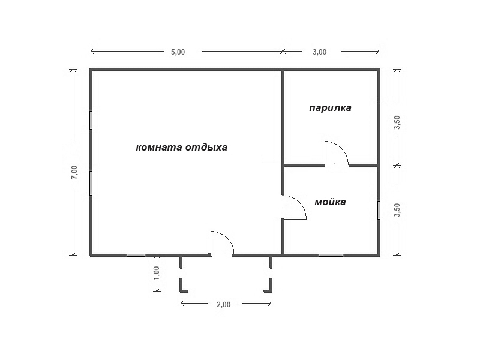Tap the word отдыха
[x=206, y=148]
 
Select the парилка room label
[x=331, y=108]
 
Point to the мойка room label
[x=331, y=202]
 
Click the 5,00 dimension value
[x=178, y=52]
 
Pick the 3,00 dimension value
[x=319, y=52]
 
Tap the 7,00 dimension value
[x=74, y=172]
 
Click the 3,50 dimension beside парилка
[x=397, y=122]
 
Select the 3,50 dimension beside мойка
[x=397, y=210]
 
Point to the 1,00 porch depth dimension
[x=157, y=273]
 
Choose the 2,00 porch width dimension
[x=223, y=305]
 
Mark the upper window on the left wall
[x=91, y=121]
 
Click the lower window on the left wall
[x=91, y=183]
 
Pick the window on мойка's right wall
[x=379, y=210]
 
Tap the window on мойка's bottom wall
[x=331, y=255]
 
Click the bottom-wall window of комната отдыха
[x=136, y=255]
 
